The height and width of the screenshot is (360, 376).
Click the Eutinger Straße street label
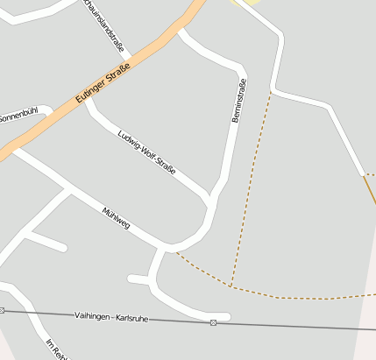(102, 85)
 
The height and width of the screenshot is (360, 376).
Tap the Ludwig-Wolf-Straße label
(146, 152)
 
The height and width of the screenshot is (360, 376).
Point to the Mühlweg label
(116, 219)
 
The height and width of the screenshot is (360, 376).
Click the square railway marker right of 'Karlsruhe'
(213, 322)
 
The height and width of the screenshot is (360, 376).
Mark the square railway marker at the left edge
(3, 310)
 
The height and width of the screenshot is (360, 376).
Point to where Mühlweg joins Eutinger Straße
(15, 150)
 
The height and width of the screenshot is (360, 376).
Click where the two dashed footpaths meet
(231, 286)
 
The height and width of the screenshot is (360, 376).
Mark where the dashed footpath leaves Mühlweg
(175, 252)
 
